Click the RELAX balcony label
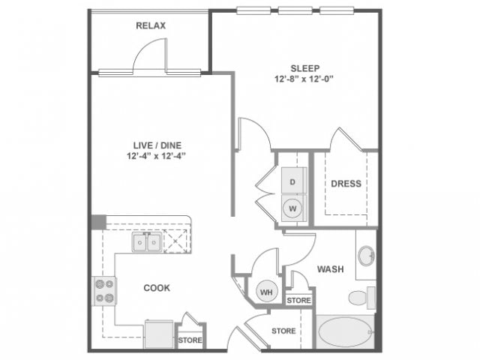pos(151,25)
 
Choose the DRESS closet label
pos(346,184)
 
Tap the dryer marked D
pos(293,182)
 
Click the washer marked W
pos(293,208)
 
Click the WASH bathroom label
pos(331,269)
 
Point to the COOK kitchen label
pos(156,287)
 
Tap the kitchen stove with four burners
pos(104,290)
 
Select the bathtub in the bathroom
pos(346,331)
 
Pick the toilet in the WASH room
pos(361,297)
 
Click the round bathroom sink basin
pos(367,256)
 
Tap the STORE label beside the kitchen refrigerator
pos(190,340)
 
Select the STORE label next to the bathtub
pos(283,330)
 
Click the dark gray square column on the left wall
pos(98,222)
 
